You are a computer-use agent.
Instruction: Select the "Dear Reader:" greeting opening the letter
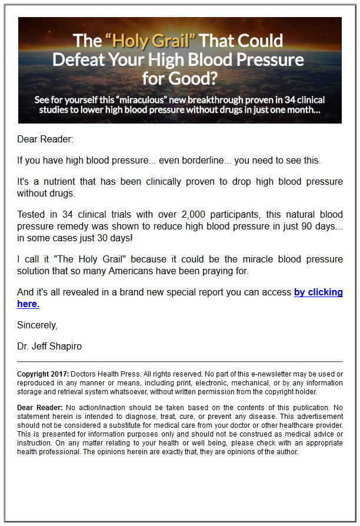[45, 139]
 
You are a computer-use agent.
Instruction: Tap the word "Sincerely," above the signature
[37, 325]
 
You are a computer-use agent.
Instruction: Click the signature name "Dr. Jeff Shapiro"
[49, 346]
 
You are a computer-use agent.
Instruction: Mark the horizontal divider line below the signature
[179, 362]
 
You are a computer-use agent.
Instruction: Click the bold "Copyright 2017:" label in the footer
[43, 374]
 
